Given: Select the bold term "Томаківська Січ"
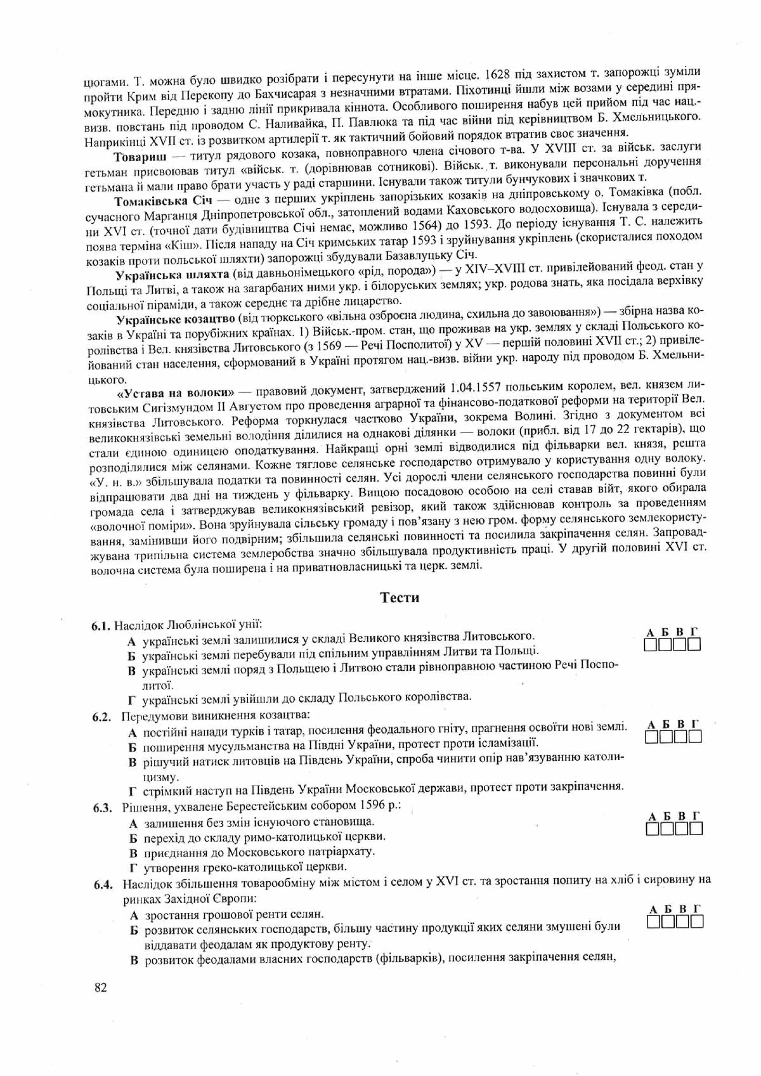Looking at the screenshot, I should click(163, 201).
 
